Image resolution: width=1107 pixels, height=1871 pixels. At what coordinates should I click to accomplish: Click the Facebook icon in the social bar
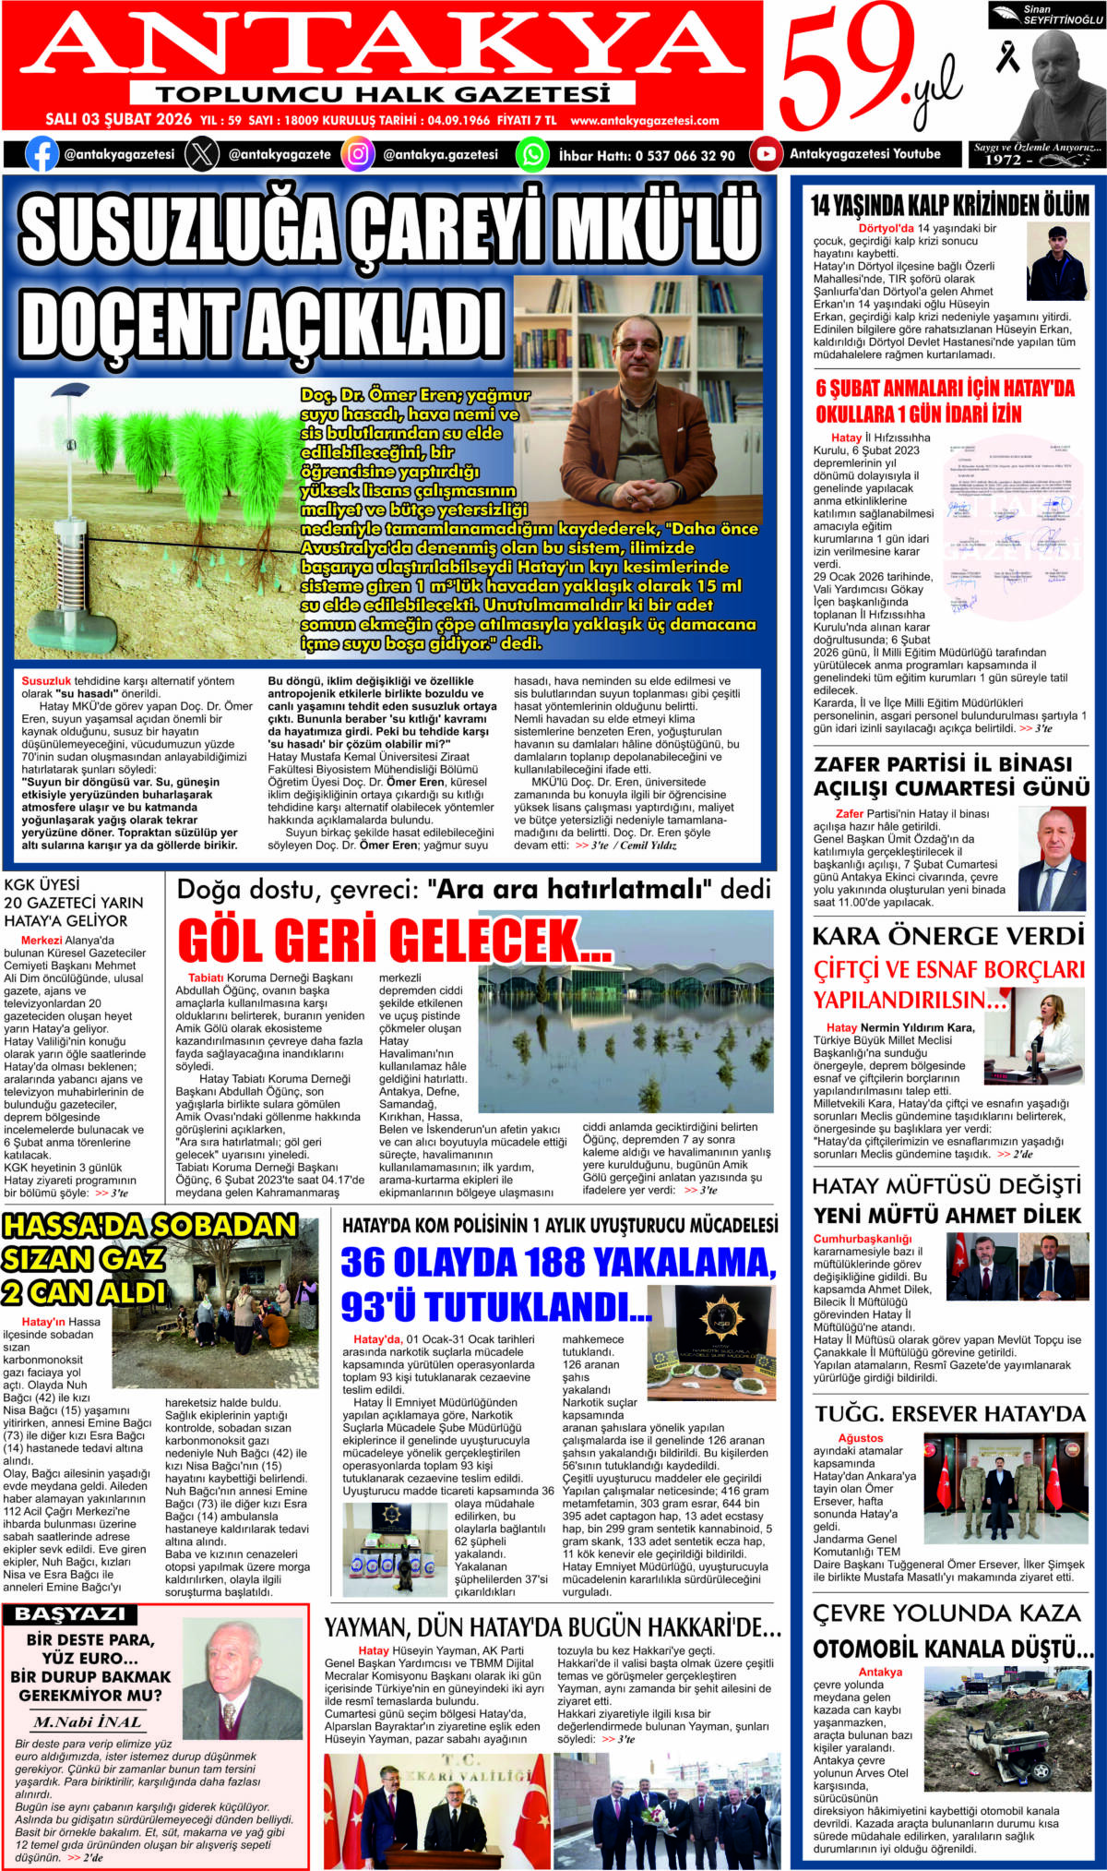pos(42,154)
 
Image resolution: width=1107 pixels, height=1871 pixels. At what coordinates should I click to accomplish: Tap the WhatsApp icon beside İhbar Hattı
pos(532,154)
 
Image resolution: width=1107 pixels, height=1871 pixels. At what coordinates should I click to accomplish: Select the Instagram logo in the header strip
pos(358,154)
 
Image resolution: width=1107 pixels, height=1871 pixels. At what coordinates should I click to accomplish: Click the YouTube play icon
pos(766,154)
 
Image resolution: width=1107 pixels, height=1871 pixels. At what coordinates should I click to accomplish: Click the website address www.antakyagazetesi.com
pos(644,120)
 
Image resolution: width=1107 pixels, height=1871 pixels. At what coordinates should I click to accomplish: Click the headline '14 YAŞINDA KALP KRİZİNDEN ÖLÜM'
pos(949,205)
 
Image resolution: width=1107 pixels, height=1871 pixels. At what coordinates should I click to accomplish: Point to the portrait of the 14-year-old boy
pos(1057,264)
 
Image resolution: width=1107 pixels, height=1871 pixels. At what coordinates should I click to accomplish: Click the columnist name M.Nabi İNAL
pos(88,1721)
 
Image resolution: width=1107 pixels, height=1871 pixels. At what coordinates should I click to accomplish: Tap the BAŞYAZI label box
pos(70,1614)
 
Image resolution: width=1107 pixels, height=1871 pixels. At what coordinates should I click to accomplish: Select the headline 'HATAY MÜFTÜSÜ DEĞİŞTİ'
pos(946,1186)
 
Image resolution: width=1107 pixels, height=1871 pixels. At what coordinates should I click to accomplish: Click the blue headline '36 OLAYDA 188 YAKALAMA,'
pos(558,1262)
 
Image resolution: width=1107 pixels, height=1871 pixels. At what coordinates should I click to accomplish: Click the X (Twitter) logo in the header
pos(202,154)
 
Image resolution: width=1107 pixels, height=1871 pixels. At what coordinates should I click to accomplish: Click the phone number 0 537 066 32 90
pos(684,156)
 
